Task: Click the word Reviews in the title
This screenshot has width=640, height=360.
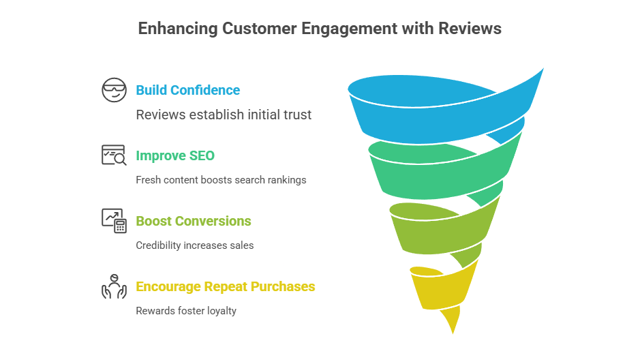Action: [x=471, y=29]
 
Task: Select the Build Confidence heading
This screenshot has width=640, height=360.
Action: [x=187, y=90]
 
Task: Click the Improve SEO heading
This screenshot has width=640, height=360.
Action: [x=175, y=155]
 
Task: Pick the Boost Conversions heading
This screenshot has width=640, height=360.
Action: [x=194, y=221]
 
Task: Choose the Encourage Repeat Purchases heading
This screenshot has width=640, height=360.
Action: [x=226, y=286]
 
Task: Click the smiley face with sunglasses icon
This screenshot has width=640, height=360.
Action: [x=114, y=90]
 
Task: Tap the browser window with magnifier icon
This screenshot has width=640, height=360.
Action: [x=114, y=155]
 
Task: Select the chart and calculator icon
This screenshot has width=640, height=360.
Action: [x=114, y=221]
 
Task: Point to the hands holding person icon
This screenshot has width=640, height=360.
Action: [x=114, y=286]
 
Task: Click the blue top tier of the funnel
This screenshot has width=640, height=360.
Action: [x=443, y=112]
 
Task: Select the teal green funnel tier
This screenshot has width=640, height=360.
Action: [x=443, y=170]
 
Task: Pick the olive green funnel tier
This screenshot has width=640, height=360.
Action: [x=443, y=228]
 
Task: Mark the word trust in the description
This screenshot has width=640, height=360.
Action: [x=297, y=115]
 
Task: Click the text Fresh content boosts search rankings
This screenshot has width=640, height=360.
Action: [x=221, y=180]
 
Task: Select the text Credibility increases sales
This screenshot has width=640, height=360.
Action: [x=194, y=245]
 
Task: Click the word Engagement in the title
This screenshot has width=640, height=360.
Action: [x=356, y=29]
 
